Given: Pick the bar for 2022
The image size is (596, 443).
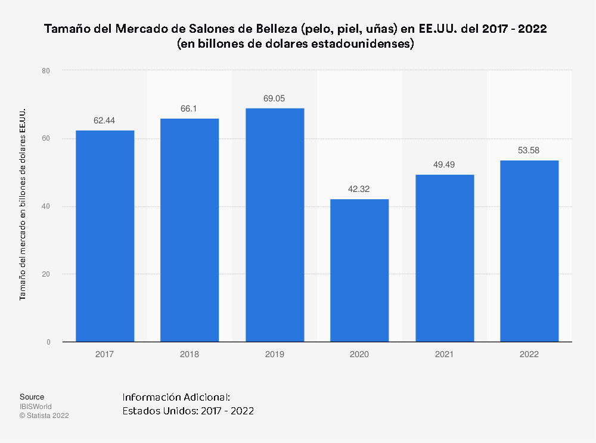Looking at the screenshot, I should (x=529, y=251).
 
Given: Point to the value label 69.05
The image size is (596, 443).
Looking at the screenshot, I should (x=274, y=98).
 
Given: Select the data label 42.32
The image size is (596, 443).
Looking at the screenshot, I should (x=359, y=189).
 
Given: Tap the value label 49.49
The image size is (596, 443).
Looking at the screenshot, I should (x=444, y=165).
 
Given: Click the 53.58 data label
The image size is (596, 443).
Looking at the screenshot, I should (x=529, y=150).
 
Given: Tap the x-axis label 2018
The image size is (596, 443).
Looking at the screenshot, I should (x=190, y=354).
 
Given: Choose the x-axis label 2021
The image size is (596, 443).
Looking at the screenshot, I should (x=444, y=354).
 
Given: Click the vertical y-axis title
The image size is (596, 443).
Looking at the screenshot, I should (x=23, y=205).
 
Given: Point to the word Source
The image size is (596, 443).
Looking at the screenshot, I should (x=32, y=397).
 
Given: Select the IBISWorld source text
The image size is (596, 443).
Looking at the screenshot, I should (x=35, y=407).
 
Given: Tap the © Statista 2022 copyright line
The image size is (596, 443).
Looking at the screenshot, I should (x=44, y=416).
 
